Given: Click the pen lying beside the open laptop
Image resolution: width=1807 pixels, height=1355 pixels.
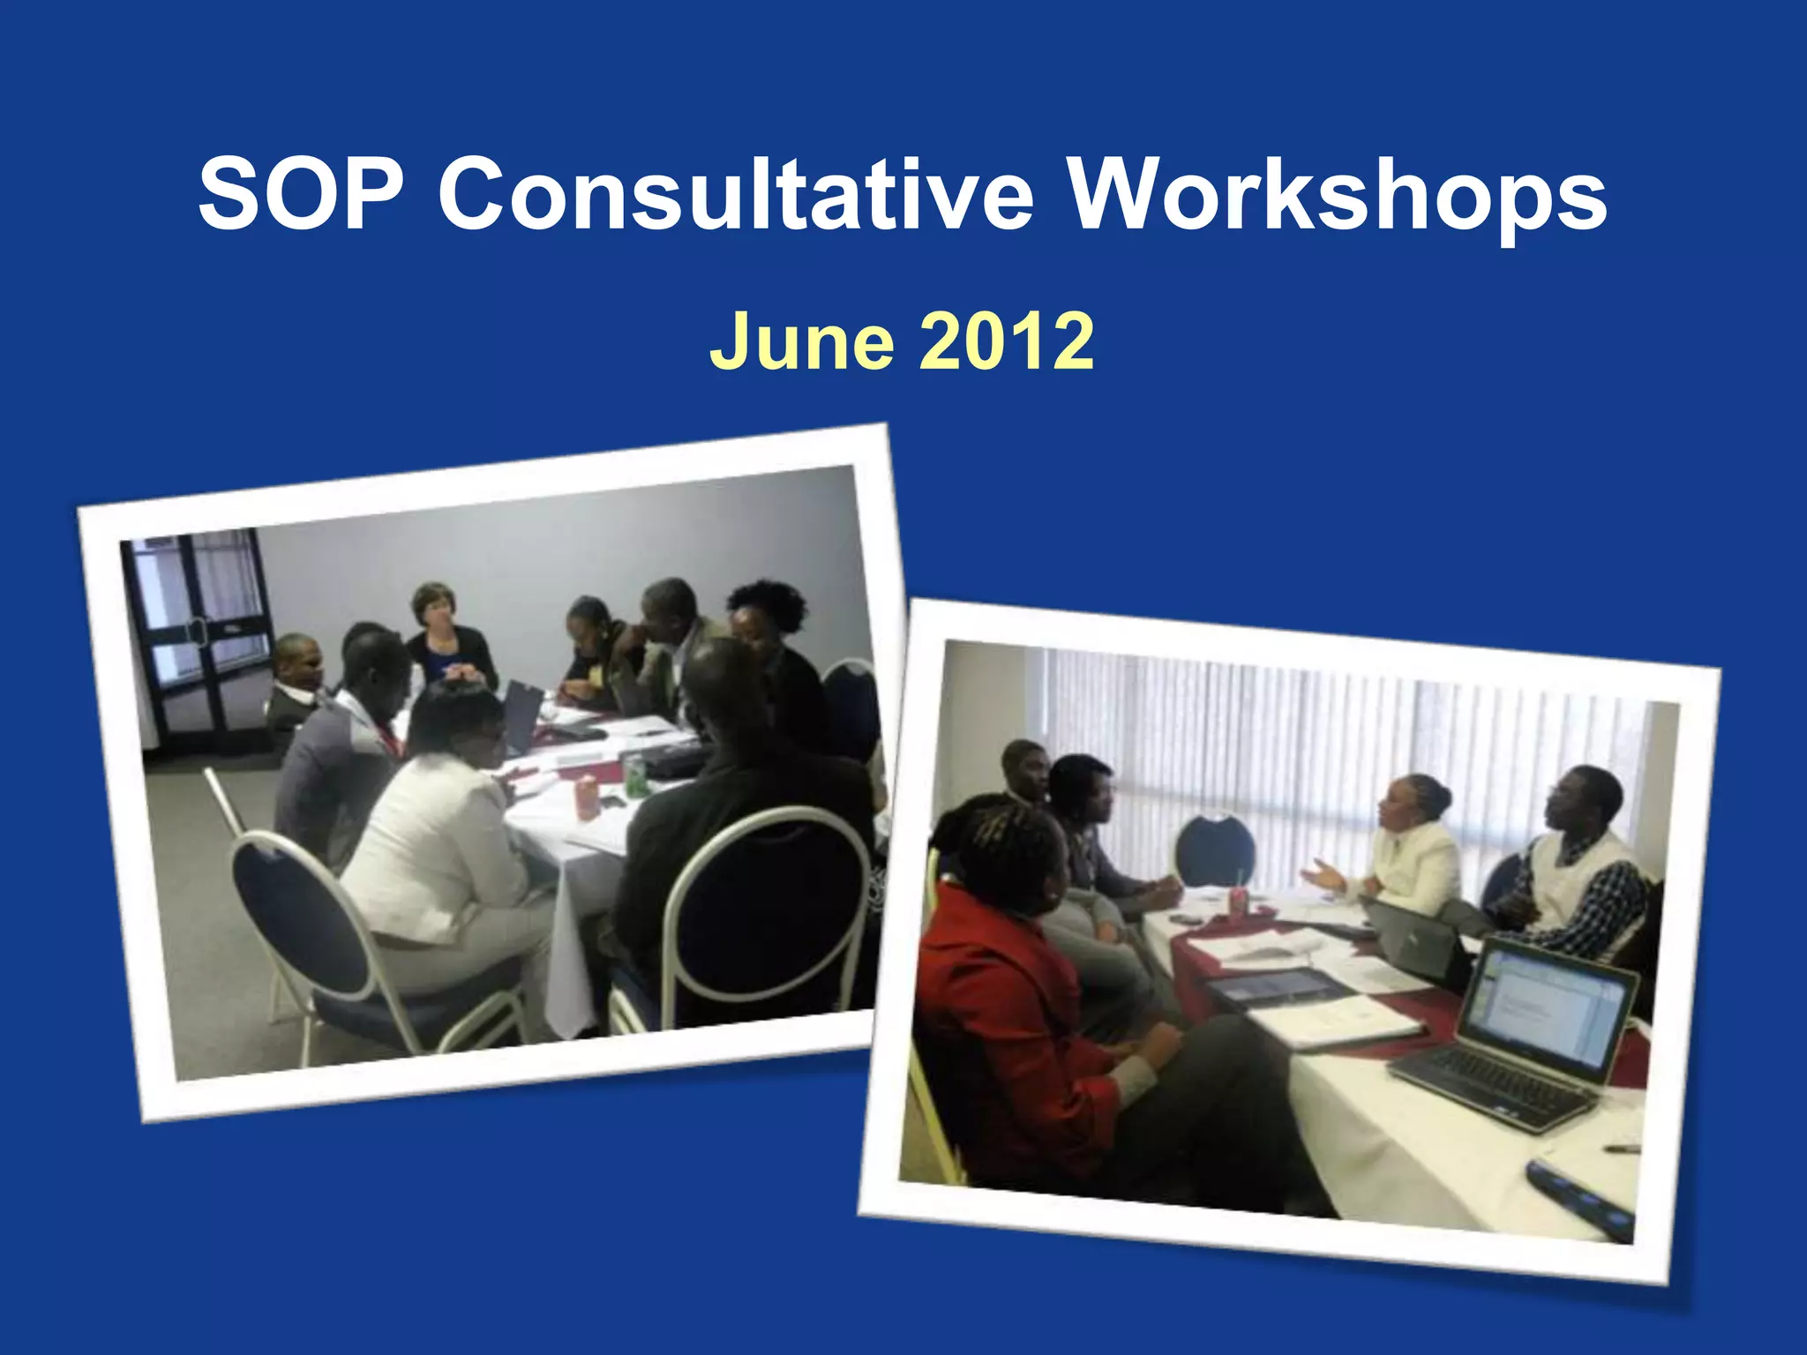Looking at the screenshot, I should click(x=1621, y=1149).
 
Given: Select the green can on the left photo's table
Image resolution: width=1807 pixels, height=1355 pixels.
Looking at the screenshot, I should click(x=634, y=776).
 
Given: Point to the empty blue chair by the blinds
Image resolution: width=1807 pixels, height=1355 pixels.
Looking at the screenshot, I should click(x=1215, y=851).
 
